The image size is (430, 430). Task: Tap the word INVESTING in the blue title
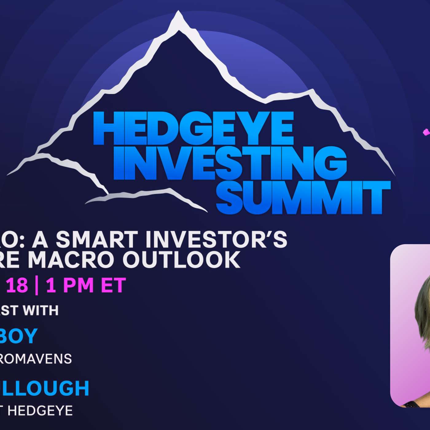[x=230, y=163]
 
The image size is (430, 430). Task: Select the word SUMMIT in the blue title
[x=303, y=197]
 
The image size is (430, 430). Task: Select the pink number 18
[x=17, y=285]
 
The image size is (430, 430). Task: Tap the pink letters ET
[x=113, y=285]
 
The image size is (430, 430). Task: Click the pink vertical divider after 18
[x=37, y=286]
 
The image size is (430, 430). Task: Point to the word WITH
[x=41, y=311]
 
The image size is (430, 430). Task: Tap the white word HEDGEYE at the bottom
[x=40, y=411]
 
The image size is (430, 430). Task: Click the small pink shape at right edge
[x=426, y=132]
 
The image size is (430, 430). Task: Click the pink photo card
[x=410, y=326]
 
